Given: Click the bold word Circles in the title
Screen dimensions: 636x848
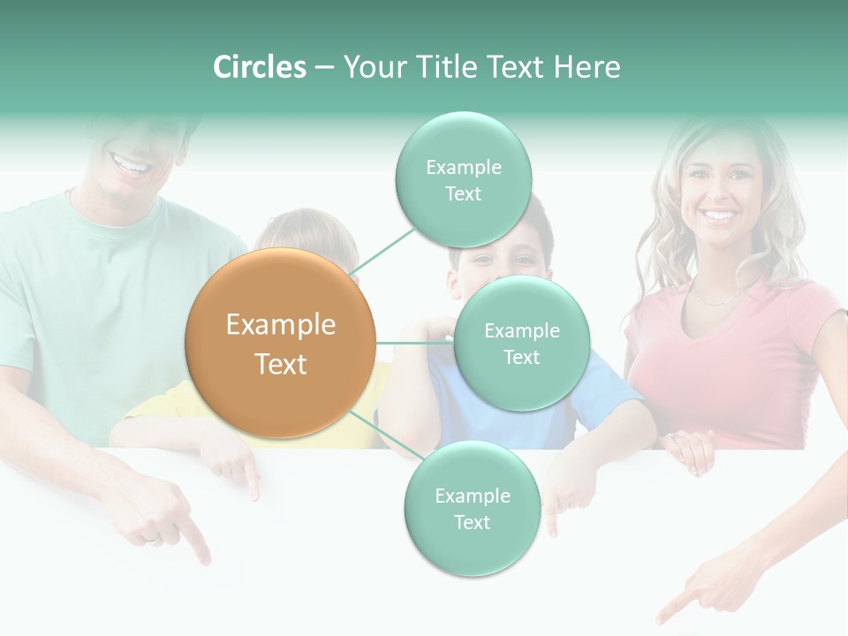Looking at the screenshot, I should [x=259, y=67].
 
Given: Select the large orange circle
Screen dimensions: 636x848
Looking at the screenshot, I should [x=280, y=343].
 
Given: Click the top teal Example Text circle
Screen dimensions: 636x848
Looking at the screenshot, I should [x=463, y=179].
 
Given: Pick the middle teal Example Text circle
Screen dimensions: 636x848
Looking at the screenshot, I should [x=521, y=343].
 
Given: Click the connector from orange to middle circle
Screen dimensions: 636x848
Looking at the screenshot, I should [x=414, y=343].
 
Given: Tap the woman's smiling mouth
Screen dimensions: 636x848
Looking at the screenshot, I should [x=719, y=215].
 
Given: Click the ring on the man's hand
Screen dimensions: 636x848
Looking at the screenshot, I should [x=153, y=536].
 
